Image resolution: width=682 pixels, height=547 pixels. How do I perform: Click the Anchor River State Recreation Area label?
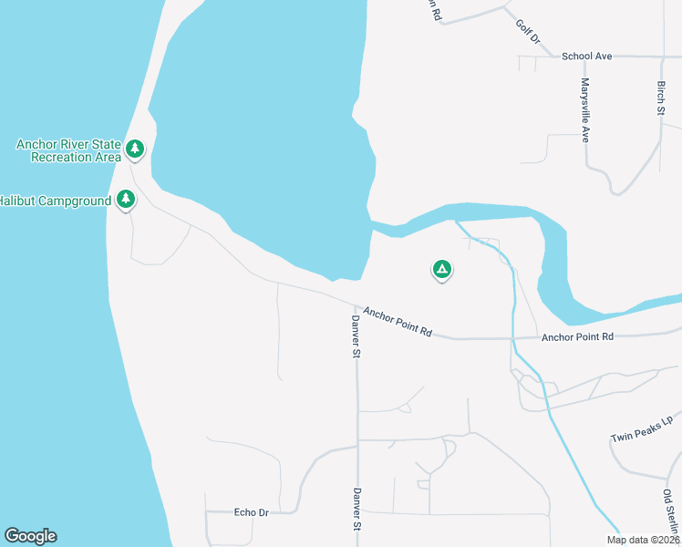pyautogui.click(x=68, y=150)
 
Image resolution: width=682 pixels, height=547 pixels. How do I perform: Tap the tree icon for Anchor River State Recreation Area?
pyautogui.click(x=135, y=148)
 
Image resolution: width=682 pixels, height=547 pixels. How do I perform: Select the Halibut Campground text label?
pyautogui.click(x=56, y=200)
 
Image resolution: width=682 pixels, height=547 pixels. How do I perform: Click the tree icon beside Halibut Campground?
pyautogui.click(x=126, y=199)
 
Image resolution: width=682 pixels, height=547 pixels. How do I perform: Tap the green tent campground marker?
pyautogui.click(x=441, y=269)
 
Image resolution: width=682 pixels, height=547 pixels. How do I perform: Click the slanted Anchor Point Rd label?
pyautogui.click(x=397, y=322)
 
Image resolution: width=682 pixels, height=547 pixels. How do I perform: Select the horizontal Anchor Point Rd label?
pyautogui.click(x=578, y=336)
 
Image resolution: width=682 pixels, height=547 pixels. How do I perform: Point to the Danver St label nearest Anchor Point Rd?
pyautogui.click(x=356, y=336)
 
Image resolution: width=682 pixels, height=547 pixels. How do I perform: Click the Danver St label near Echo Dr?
pyautogui.click(x=356, y=510)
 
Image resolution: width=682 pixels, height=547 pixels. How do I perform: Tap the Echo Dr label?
pyautogui.click(x=251, y=512)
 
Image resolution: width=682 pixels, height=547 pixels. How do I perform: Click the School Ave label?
pyautogui.click(x=586, y=56)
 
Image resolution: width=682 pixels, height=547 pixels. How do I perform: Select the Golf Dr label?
pyautogui.click(x=528, y=33)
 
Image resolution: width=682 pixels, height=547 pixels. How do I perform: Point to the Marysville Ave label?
pyautogui.click(x=585, y=110)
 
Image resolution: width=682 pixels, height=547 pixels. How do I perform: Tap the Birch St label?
pyautogui.click(x=661, y=98)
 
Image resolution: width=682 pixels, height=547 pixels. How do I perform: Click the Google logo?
pyautogui.click(x=30, y=536)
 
